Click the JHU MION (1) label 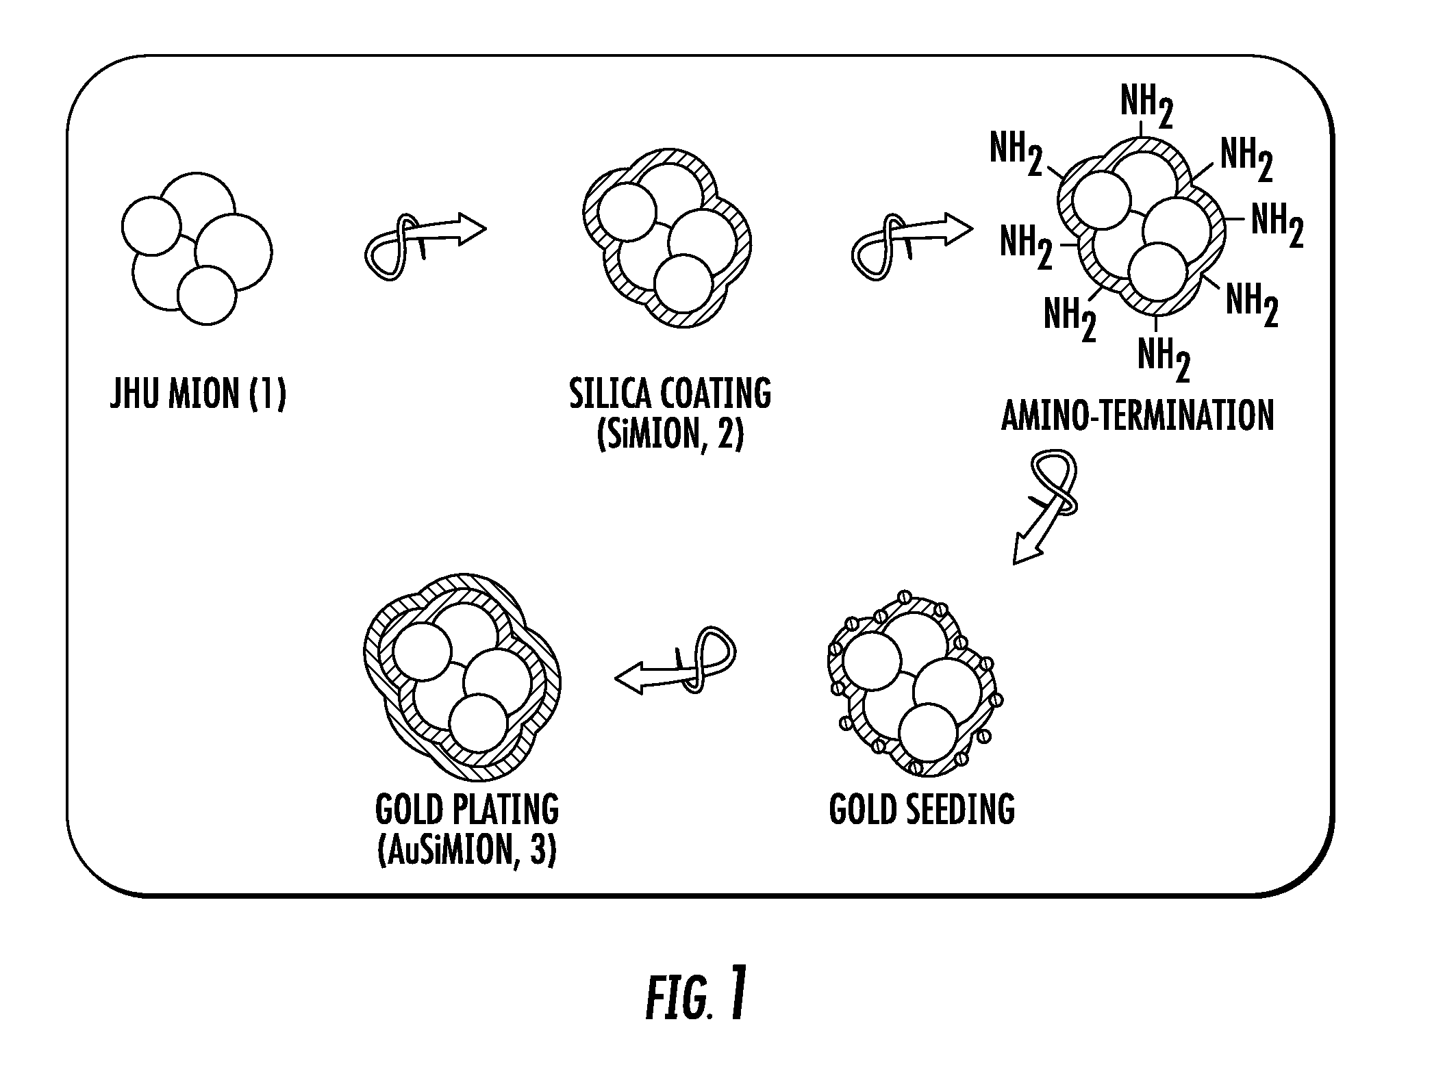click(197, 395)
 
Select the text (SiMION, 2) click(669, 435)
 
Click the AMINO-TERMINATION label click(1137, 415)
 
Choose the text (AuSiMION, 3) click(466, 851)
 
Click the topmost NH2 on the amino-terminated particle click(1146, 108)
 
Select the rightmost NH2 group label click(1277, 225)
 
